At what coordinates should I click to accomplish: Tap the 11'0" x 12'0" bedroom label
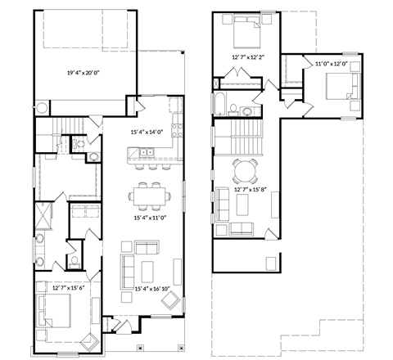pyautogui.click(x=332, y=64)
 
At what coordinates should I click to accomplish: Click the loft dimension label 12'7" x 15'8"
pyautogui.click(x=251, y=191)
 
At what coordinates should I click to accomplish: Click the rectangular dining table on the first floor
pyautogui.click(x=149, y=195)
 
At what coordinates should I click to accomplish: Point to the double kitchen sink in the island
pyautogui.click(x=147, y=151)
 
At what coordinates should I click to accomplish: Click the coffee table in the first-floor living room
pyautogui.click(x=149, y=269)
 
